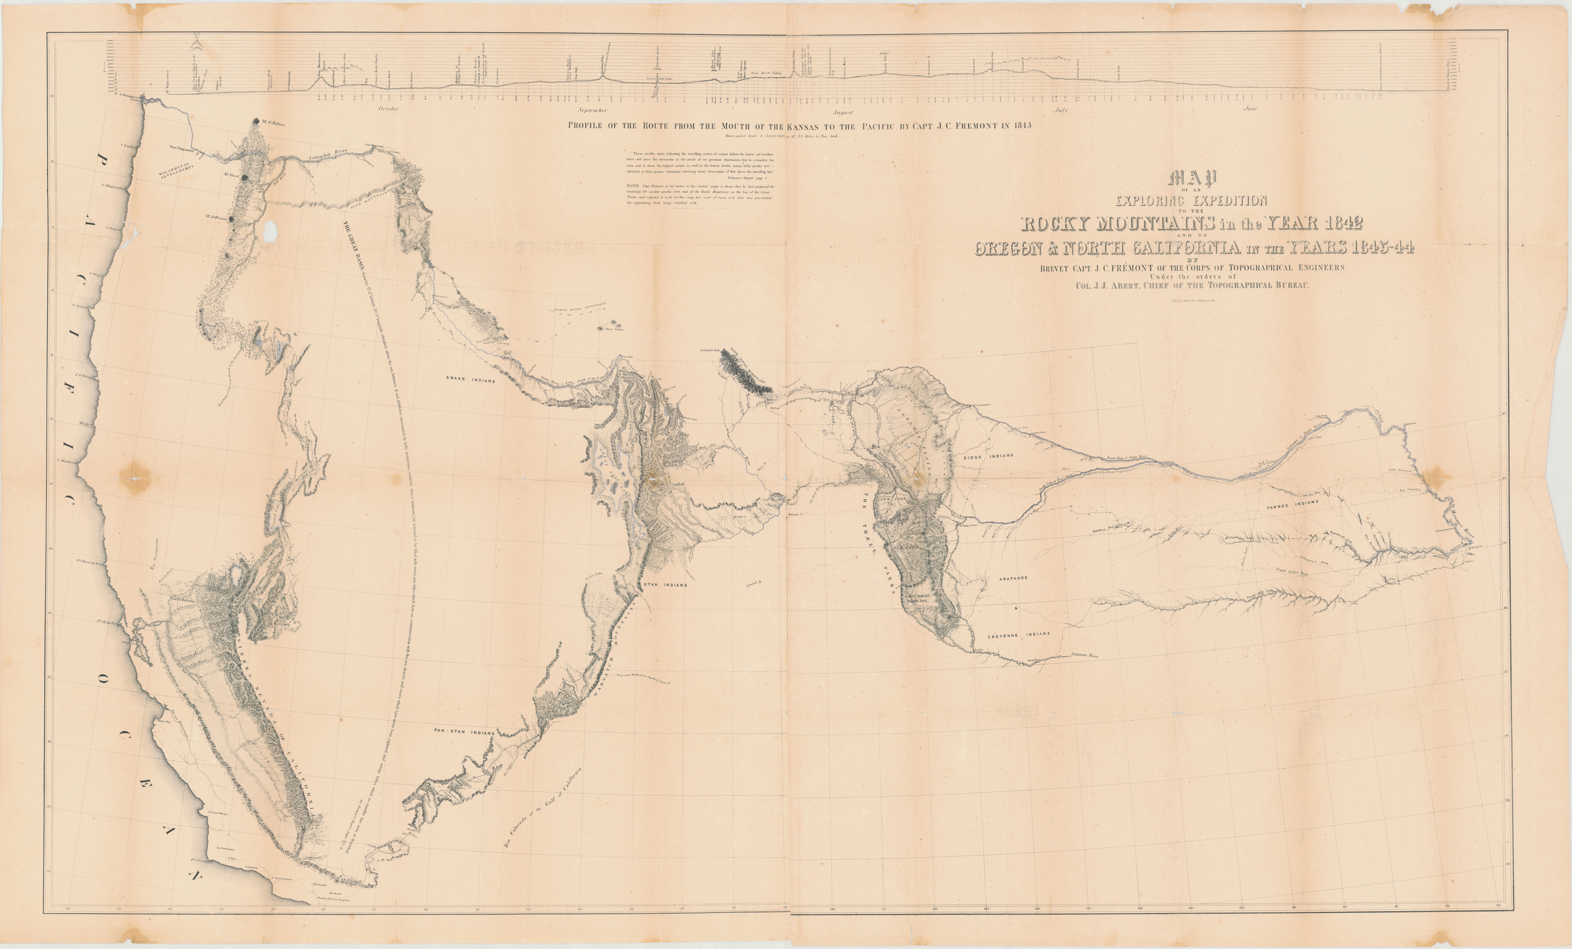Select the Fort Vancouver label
point(182,148)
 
